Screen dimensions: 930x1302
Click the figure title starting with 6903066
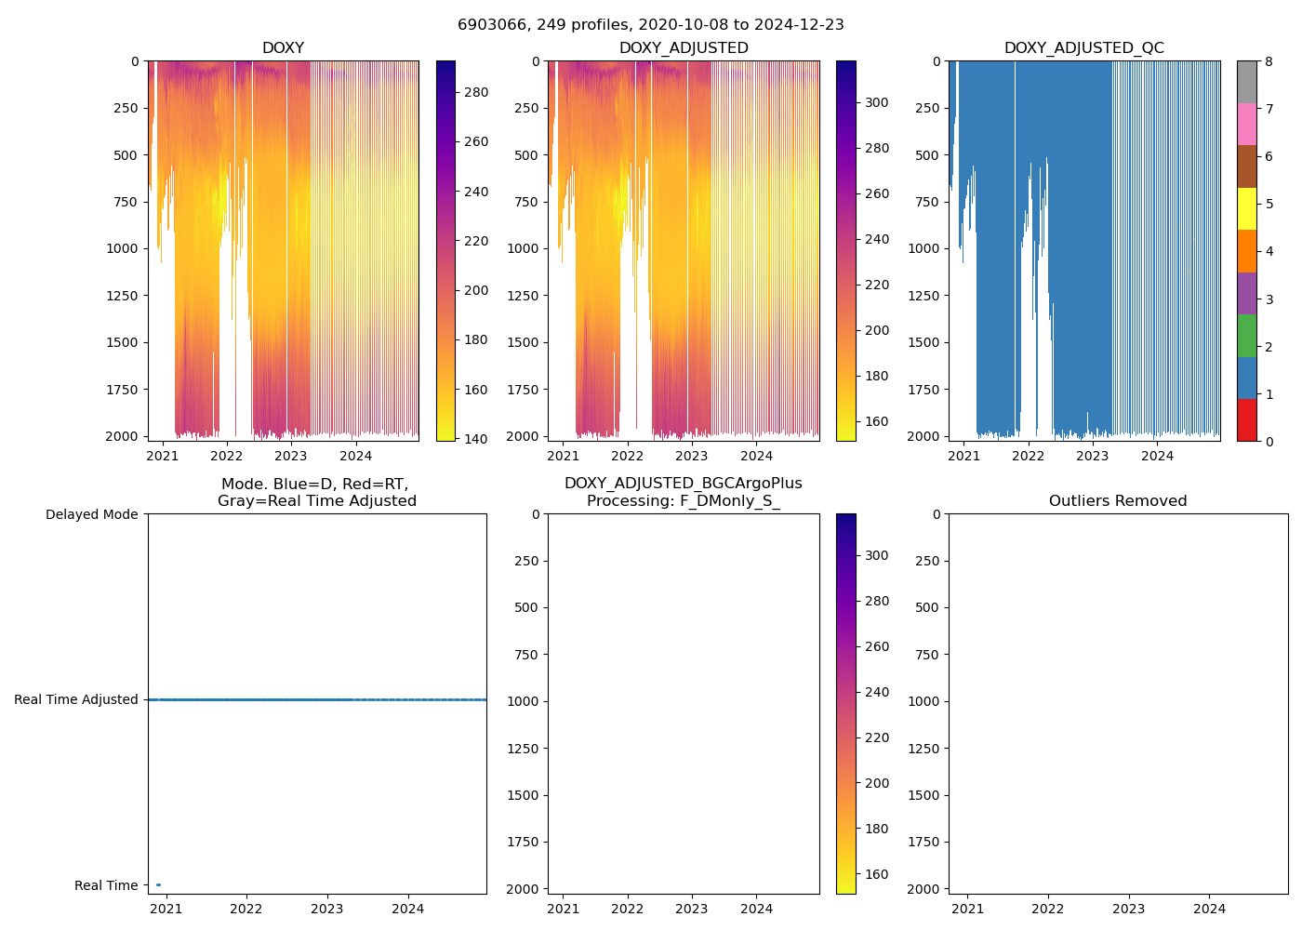click(x=650, y=25)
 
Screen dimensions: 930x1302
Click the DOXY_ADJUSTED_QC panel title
click(x=1083, y=48)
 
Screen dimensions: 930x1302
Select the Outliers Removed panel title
click(x=1118, y=501)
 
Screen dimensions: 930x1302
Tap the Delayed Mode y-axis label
click(x=91, y=514)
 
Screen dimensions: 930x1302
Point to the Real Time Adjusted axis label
click(x=75, y=699)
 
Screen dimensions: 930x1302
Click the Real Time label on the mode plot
click(x=106, y=885)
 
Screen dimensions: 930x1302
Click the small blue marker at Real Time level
click(x=158, y=884)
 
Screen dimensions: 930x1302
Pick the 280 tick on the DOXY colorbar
click(x=476, y=92)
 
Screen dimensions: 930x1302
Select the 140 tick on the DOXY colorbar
click(x=476, y=439)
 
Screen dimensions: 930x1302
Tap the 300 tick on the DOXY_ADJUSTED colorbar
click(x=876, y=102)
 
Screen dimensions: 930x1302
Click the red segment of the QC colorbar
click(x=1246, y=420)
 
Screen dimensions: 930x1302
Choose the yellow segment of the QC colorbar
click(x=1246, y=208)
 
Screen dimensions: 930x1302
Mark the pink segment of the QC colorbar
click(x=1246, y=124)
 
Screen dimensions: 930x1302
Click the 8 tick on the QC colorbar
click(x=1269, y=61)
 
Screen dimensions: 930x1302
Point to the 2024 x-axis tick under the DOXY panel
click(x=355, y=456)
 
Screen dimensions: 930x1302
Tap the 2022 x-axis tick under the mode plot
click(x=246, y=909)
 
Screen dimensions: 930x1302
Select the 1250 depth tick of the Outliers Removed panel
click(x=920, y=749)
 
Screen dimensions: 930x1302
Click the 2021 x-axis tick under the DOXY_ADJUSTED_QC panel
click(x=963, y=456)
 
